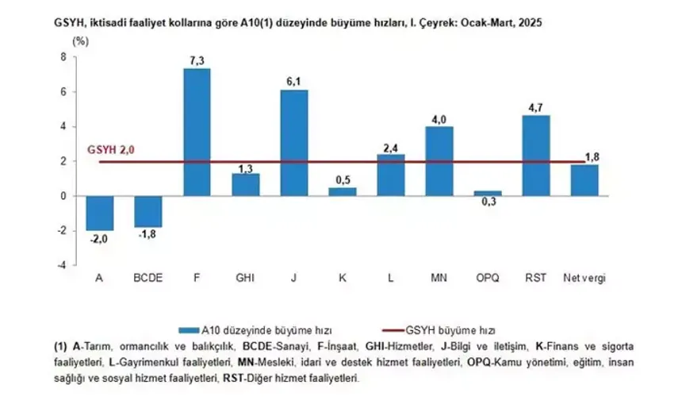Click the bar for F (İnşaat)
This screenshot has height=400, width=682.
[x=197, y=132]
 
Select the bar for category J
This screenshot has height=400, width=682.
[x=293, y=143]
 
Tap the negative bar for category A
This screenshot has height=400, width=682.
[x=101, y=213]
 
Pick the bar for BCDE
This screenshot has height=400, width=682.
[x=148, y=211]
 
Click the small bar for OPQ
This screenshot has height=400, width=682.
[x=489, y=193]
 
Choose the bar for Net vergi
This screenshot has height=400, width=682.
[x=584, y=180]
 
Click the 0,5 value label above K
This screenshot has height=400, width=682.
[x=343, y=179]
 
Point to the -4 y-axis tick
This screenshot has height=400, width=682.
[x=63, y=265]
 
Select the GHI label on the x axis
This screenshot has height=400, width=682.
[x=245, y=279]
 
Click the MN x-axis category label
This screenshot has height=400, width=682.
[x=439, y=279]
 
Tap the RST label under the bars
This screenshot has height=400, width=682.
[x=536, y=279]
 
